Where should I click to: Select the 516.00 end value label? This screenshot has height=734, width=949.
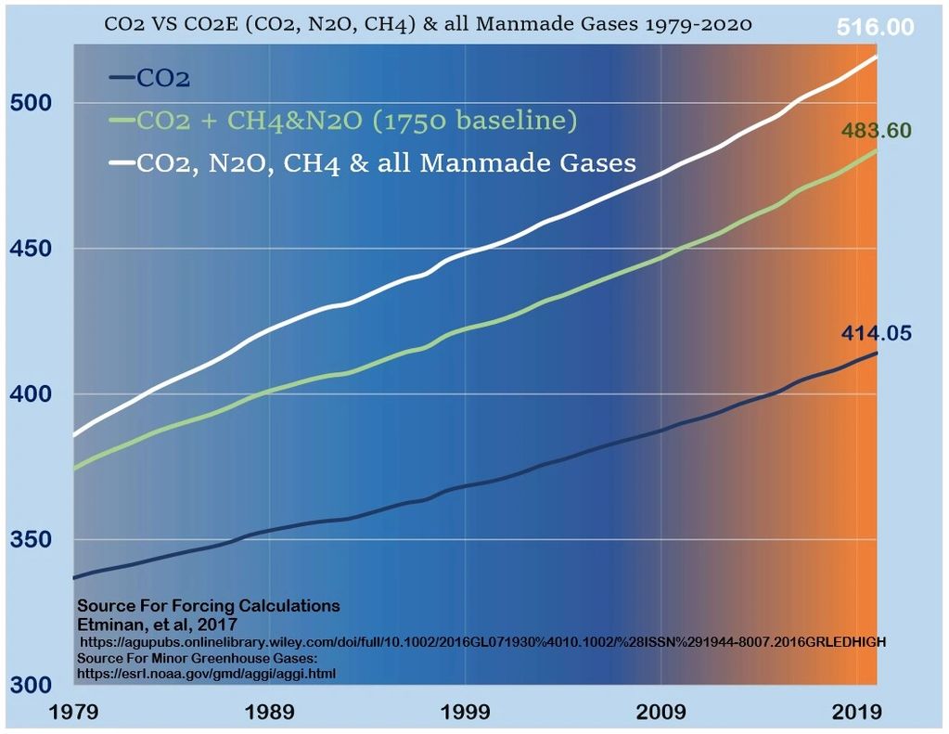[x=876, y=27]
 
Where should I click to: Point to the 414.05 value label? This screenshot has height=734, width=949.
[x=878, y=333]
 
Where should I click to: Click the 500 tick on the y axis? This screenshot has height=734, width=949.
[x=31, y=102]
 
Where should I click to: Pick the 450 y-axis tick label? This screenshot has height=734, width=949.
[x=31, y=248]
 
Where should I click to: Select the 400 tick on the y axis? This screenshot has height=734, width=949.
[x=31, y=393]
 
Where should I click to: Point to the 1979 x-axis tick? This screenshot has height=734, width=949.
[x=74, y=713]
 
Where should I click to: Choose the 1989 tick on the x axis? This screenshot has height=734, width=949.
[x=270, y=713]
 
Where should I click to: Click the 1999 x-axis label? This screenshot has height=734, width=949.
[x=466, y=713]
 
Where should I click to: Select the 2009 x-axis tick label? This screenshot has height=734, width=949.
[x=661, y=713]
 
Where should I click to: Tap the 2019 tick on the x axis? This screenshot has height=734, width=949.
[x=857, y=713]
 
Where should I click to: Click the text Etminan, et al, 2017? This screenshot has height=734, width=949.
[x=158, y=624]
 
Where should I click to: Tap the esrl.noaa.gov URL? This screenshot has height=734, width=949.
[x=206, y=673]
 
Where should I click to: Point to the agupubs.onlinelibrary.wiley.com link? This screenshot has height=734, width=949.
[x=482, y=641]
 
